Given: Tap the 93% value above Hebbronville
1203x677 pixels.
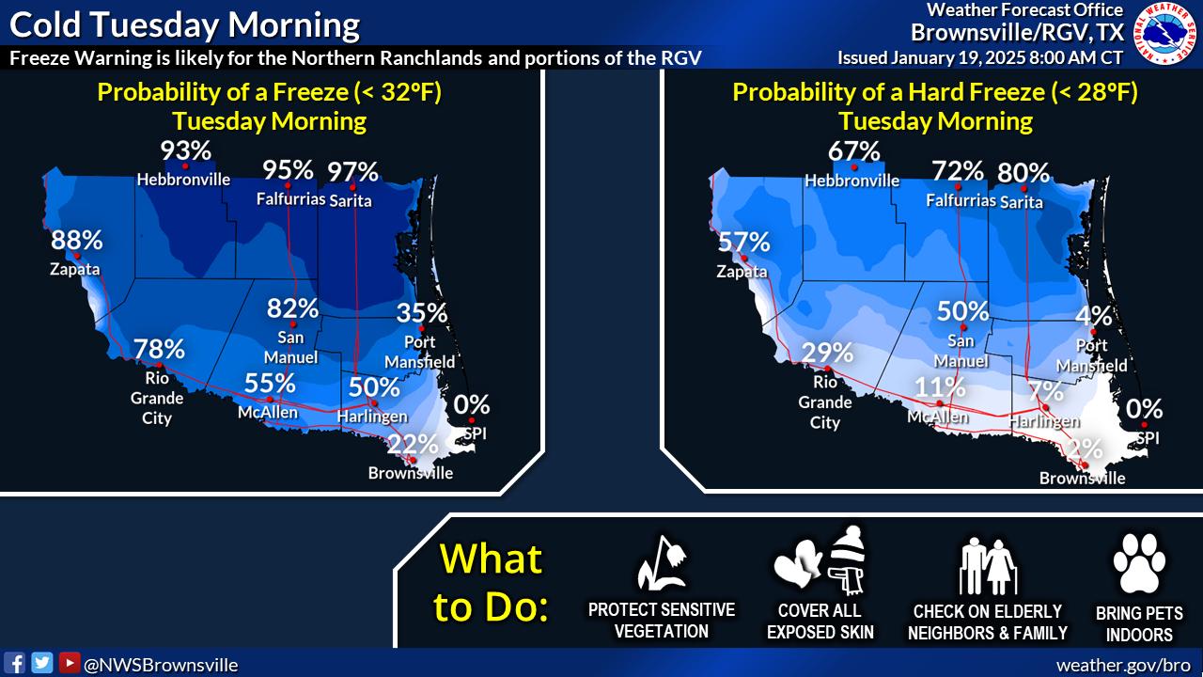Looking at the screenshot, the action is [186, 150].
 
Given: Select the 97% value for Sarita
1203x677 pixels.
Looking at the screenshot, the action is [352, 172].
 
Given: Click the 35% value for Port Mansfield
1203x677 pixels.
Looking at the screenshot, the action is [422, 313].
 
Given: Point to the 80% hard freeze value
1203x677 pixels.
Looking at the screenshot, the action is [1023, 173].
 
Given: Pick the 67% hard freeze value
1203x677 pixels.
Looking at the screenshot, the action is [854, 151].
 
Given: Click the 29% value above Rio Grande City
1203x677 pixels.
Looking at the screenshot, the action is [827, 353].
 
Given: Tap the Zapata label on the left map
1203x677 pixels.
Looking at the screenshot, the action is [74, 269].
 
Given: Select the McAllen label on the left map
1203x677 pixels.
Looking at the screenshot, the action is [268, 412].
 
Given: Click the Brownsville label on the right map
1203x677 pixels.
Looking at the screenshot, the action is [1082, 478].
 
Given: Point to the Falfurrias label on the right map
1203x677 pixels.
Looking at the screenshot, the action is [961, 200].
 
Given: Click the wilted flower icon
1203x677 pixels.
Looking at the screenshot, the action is [662, 562].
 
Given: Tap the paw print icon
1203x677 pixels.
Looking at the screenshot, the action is [1139, 563].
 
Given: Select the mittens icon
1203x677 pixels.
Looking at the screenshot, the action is [798, 563].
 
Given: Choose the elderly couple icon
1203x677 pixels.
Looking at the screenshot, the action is [987, 566].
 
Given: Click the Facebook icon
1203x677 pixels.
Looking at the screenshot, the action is [14, 663].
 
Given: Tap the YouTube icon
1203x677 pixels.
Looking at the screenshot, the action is [70, 663].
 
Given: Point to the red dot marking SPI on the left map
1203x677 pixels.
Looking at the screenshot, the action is [472, 420].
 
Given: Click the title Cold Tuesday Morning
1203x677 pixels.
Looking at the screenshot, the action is [185, 25].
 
